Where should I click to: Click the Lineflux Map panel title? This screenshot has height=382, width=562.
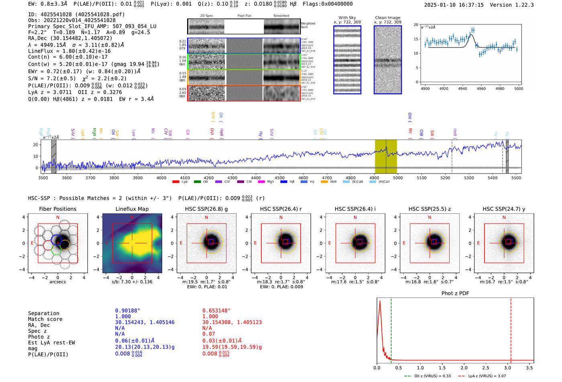point(132,209)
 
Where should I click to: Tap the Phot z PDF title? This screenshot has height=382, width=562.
point(455,293)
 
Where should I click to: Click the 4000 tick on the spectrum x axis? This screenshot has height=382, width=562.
point(161,178)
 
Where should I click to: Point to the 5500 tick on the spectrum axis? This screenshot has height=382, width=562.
point(516,178)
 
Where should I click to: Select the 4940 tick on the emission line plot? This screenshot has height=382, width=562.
point(462,89)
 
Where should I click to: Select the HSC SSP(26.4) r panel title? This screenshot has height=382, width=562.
point(281,209)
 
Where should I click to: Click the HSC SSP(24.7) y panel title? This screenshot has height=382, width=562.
point(504,209)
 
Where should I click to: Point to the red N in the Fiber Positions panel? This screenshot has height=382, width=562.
point(58,218)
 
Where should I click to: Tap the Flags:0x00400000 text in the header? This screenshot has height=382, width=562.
point(328,4)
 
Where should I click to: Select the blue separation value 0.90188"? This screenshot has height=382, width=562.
point(128,311)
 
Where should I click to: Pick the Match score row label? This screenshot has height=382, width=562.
point(45,319)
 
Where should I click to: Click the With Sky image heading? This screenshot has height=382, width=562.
point(347,18)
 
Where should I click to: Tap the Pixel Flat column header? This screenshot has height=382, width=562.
point(244,16)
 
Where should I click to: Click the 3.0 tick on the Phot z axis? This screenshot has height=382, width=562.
point(507,368)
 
